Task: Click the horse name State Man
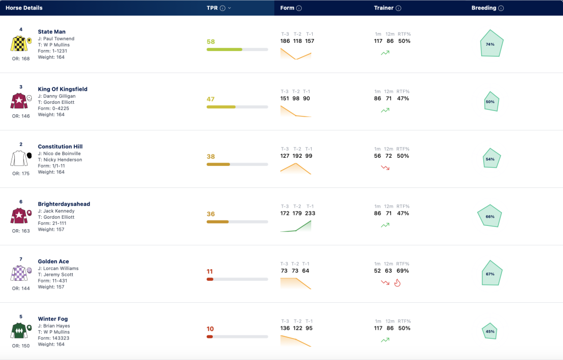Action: coord(52,31)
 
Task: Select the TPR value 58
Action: coord(211,42)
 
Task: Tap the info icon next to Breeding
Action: coord(501,8)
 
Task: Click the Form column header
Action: coord(287,8)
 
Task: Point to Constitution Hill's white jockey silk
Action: coord(19,158)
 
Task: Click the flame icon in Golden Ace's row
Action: coord(397,283)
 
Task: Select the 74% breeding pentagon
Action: coord(492,43)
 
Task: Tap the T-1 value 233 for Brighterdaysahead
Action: coord(310,213)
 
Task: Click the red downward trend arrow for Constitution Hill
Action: coord(385,168)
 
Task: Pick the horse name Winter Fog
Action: coord(53,319)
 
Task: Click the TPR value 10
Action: coord(210,329)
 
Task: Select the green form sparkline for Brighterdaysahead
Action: coord(295,226)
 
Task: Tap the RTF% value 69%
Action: coord(402,270)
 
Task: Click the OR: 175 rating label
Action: coord(21,173)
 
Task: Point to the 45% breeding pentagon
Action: coord(490,331)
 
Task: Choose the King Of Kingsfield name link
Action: coord(63,89)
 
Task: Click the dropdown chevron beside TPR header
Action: coord(229,8)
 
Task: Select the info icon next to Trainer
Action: coord(398,8)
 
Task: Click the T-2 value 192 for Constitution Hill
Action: coord(297,156)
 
